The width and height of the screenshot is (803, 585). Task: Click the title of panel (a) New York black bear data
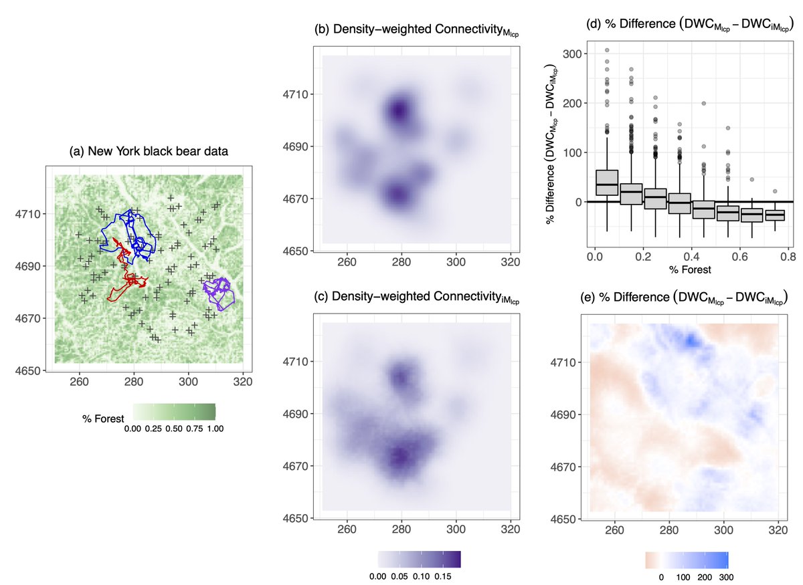(x=149, y=152)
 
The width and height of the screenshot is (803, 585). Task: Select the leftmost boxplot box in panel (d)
(x=607, y=183)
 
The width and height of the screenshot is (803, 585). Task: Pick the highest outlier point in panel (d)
(x=607, y=50)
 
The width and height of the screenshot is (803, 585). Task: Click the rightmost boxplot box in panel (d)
(x=775, y=215)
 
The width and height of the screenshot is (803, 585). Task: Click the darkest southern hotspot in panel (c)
(x=400, y=457)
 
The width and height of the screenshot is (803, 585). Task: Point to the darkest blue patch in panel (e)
(x=689, y=339)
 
